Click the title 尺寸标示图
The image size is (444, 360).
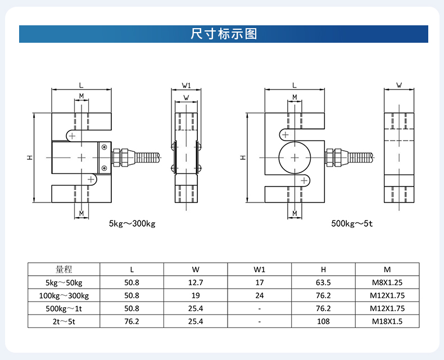pos(224,34)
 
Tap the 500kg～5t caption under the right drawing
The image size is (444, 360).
pos(352,223)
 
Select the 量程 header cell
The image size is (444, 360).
pos(64,269)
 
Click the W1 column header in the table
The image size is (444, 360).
pos(259,269)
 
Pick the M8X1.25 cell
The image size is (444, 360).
pos(387,282)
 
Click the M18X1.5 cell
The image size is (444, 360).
pos(387,322)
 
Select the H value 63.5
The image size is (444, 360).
pos(323,282)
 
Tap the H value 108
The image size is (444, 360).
pos(323,322)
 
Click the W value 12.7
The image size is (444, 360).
pos(196,282)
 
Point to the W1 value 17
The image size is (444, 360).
pos(259,282)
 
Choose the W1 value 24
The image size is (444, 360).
pos(259,295)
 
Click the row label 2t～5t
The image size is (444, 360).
pos(64,322)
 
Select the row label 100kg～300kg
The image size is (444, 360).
pos(64,295)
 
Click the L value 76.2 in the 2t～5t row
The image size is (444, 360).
pos(132,322)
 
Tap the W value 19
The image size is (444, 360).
pos(196,295)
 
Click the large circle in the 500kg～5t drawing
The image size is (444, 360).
pos(295,157)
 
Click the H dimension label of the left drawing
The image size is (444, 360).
pos(29,157)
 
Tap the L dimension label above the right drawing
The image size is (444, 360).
pos(295,85)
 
